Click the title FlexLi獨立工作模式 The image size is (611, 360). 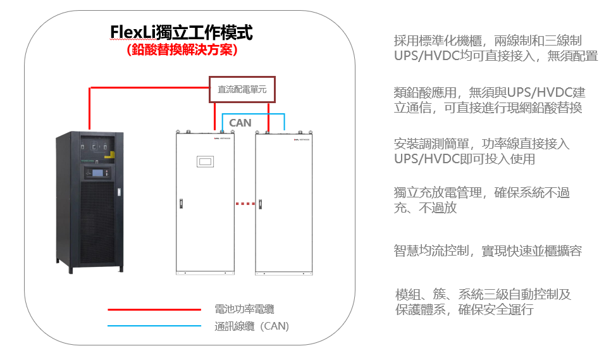click(x=182, y=32)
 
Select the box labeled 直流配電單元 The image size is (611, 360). click(x=242, y=89)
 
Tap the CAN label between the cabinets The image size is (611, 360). click(x=240, y=122)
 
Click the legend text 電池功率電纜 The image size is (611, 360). click(x=244, y=310)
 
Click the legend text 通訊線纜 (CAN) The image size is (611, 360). click(x=252, y=326)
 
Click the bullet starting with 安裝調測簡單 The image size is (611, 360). click(x=481, y=151)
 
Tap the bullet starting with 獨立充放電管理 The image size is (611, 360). click(x=481, y=199)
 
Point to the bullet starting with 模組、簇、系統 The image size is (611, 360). click(x=483, y=302)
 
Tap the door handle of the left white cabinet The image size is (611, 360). click(x=180, y=204)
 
